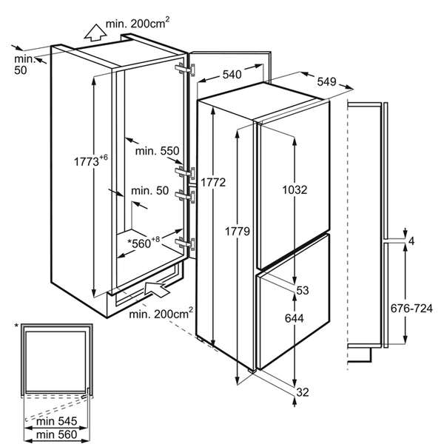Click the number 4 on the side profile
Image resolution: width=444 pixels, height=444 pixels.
(411, 240)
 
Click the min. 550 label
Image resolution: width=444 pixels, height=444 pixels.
(158, 151)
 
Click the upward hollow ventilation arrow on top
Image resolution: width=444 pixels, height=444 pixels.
(94, 32)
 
